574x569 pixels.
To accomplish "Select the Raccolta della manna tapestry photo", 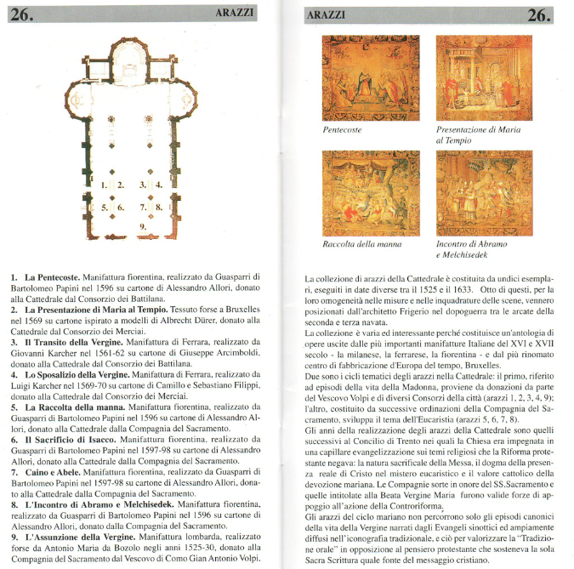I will pos(371,193).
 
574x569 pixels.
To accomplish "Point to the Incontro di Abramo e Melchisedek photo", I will pos(484,193).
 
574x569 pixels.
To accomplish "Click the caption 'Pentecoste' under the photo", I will pos(343,130).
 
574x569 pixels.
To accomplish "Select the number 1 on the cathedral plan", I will pos(104,185).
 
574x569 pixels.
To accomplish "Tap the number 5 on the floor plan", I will pos(104,207).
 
